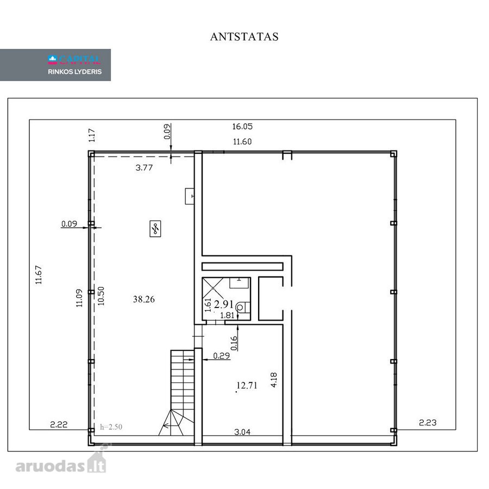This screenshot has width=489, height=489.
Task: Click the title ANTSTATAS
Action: coord(244,37)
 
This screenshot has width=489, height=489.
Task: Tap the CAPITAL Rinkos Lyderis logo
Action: coord(74,65)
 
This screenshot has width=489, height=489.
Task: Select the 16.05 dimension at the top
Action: coord(242,126)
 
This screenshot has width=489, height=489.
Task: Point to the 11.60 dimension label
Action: coord(242,142)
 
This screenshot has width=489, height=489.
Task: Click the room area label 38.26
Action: coord(144,299)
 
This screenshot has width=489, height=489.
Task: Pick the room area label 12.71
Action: coord(247,385)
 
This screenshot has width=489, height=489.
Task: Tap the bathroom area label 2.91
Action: coord(224,304)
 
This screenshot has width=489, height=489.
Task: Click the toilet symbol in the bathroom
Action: coord(243,308)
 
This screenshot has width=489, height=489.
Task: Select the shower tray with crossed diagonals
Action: coord(212,288)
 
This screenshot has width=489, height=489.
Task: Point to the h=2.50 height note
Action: coord(111,427)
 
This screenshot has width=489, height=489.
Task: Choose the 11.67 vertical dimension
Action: coord(39,275)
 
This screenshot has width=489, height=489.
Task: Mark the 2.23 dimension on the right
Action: coord(428,423)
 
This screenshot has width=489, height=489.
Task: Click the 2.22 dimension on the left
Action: coord(59,424)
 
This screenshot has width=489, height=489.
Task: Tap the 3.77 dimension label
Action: coord(144,168)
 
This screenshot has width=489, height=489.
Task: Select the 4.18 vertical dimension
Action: coord(274,380)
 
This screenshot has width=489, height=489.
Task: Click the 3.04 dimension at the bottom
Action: coord(242,432)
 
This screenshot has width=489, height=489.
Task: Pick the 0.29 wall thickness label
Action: coord(222,355)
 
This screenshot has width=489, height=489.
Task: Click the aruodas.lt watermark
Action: coord(61,461)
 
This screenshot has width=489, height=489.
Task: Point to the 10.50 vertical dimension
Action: coord(101,296)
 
